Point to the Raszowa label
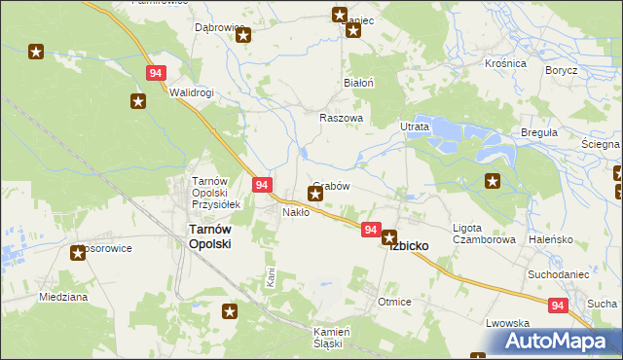(x=341, y=118)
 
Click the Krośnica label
(x=505, y=63)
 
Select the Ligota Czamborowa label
(x=484, y=234)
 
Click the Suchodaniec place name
(x=559, y=274)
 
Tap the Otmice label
(x=394, y=303)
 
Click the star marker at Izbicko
(x=389, y=236)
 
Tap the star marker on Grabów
(x=315, y=194)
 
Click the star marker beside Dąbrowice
(x=243, y=36)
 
